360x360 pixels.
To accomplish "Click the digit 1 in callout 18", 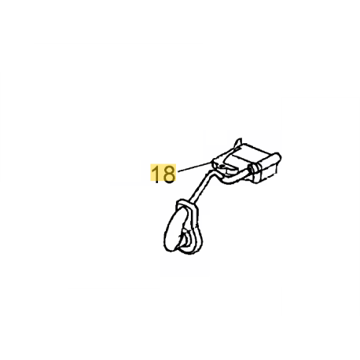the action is (156, 174).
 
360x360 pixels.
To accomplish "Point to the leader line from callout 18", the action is (194, 167).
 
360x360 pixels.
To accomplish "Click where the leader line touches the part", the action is (211, 163).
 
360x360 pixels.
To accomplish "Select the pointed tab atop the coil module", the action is (238, 143).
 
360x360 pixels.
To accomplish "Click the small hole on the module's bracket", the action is (222, 166).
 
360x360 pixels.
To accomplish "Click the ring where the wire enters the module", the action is (253, 170).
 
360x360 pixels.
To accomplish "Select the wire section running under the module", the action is (236, 178).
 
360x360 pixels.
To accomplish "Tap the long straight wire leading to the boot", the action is (201, 186).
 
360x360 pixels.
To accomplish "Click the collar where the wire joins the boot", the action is (187, 204).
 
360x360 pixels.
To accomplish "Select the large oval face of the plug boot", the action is (174, 230).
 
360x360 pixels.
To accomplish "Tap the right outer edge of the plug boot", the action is (200, 230).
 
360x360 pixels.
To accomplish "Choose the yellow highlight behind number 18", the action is (163, 173).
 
